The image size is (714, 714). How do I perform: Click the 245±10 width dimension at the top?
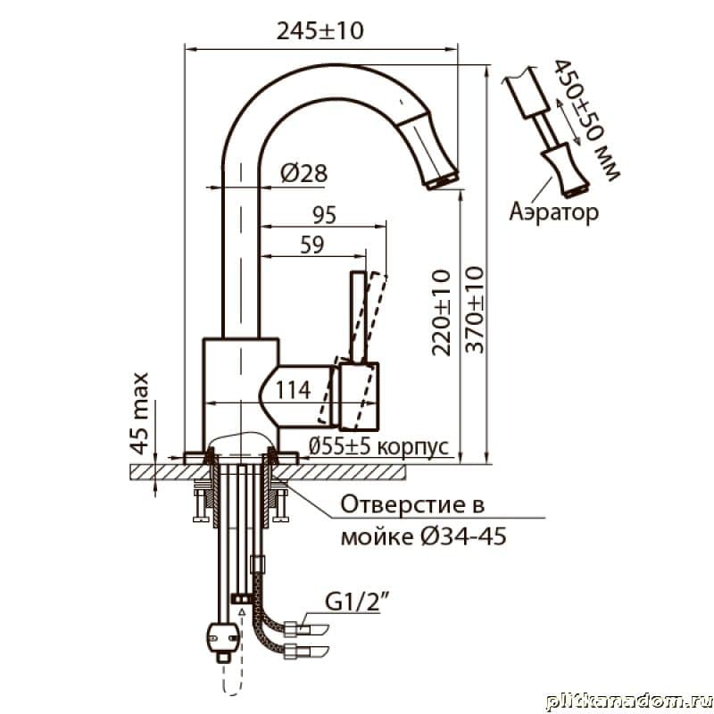[320, 30]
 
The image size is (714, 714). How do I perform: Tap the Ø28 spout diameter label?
[302, 175]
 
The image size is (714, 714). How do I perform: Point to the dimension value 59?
[311, 247]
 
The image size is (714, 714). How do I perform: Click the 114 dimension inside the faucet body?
[292, 389]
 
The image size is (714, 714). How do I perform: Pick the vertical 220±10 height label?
[441, 313]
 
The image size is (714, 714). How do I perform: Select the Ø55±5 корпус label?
[378, 445]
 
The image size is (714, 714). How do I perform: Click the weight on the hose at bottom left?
[221, 636]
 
